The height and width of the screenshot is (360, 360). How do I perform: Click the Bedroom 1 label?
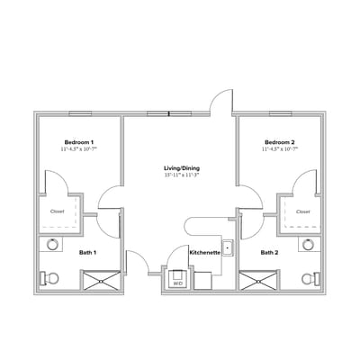[x=79, y=142]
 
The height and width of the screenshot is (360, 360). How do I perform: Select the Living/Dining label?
[x=180, y=168]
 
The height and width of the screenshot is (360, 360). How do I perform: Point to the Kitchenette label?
[x=204, y=253]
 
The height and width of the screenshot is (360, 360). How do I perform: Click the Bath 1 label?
[x=87, y=253]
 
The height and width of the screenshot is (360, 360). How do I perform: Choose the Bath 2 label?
[x=269, y=253]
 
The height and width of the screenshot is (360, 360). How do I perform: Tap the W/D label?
[x=177, y=283]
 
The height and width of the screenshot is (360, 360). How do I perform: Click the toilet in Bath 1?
[x=50, y=277]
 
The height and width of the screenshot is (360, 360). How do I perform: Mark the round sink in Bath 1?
[x=52, y=244]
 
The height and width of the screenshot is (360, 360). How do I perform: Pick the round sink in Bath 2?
[x=308, y=244]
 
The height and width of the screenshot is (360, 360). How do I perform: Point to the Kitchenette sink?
[x=228, y=247]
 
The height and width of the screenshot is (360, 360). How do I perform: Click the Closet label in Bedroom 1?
[x=56, y=211]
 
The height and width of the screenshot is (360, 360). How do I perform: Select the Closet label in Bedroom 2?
[x=302, y=211]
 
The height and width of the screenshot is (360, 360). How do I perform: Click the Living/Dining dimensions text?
[x=180, y=175]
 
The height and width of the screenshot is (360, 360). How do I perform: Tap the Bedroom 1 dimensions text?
[x=79, y=149]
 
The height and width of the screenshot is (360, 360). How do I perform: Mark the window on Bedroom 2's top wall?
[x=280, y=113]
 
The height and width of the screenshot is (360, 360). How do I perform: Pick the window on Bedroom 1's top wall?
[x=79, y=113]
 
